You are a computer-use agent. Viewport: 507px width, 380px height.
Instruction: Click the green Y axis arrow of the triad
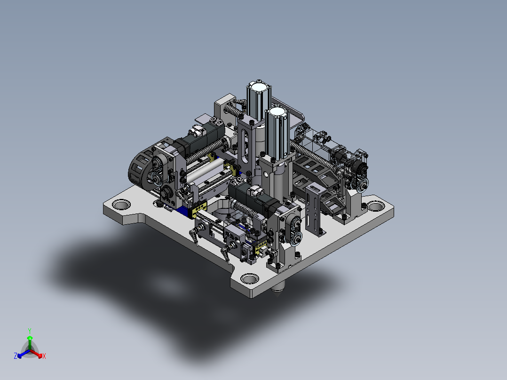click(30, 342)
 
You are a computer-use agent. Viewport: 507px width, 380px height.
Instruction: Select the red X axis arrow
click(36, 354)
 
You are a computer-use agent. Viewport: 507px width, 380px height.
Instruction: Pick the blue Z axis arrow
click(24, 354)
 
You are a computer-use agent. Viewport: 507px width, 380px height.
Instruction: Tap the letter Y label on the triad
click(30, 331)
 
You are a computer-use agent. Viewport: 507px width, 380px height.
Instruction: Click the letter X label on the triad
click(44, 356)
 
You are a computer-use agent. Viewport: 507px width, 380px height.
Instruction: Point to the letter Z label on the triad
click(16, 356)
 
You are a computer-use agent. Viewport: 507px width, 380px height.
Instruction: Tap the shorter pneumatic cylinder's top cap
click(277, 112)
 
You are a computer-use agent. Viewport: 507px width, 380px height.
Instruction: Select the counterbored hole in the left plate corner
click(121, 205)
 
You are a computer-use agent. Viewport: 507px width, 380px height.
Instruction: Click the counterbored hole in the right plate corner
click(375, 206)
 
